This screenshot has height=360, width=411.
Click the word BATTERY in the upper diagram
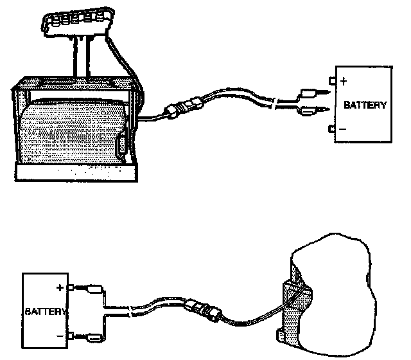point(365,105)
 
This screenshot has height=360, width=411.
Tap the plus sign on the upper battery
point(343,82)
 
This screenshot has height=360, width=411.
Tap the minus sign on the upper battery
point(343,129)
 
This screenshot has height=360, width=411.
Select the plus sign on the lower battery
point(59,287)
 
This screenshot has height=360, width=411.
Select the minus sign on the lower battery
point(59,335)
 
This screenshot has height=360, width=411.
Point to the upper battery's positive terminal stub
point(331,81)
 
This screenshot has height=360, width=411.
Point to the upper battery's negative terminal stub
point(331,129)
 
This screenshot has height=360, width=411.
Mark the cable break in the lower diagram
point(132,312)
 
